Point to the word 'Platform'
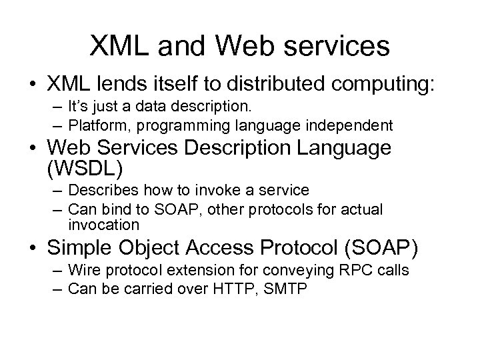(95, 125)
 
